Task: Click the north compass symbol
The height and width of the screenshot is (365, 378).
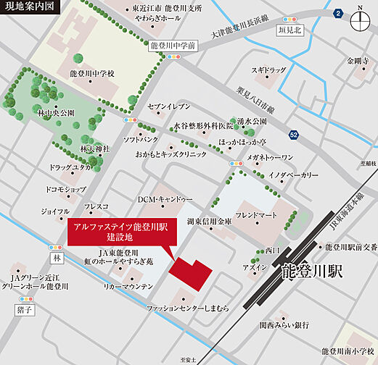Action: point(360,20)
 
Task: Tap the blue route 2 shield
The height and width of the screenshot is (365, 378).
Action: point(337,14)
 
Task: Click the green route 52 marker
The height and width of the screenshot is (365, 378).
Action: point(292,135)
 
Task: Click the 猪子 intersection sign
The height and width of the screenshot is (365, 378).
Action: point(24,309)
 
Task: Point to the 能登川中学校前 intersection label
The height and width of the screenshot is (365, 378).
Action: point(172,45)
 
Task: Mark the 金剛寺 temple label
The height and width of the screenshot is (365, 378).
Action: point(359,60)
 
